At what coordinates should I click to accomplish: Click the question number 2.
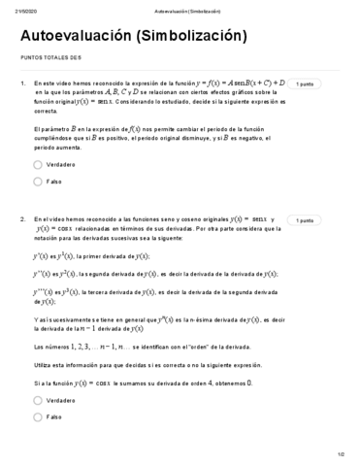[21, 220]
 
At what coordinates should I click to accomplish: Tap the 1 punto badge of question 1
[305, 85]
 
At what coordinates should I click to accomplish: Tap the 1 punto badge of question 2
[305, 220]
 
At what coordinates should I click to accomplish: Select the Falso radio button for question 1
[38, 181]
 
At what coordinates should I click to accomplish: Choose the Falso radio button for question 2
[38, 416]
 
